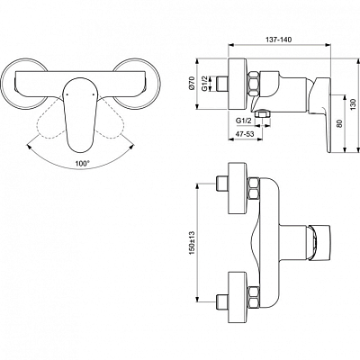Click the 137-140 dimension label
(x=279, y=40)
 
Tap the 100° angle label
(x=82, y=164)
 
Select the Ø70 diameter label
(x=193, y=83)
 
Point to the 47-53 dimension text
(x=245, y=134)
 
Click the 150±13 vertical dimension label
(x=192, y=243)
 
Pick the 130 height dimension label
(x=353, y=105)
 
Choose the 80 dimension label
(x=339, y=123)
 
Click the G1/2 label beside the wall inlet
(x=205, y=84)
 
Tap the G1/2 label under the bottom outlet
(x=243, y=121)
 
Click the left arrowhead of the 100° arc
(x=29, y=147)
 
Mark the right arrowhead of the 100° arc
(x=131, y=147)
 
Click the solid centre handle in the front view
(x=80, y=115)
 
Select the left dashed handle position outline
(x=52, y=119)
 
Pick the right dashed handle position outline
(x=109, y=119)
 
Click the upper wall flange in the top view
(x=238, y=188)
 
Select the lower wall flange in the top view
(x=238, y=298)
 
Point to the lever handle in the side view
(x=320, y=114)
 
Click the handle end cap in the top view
(x=319, y=243)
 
